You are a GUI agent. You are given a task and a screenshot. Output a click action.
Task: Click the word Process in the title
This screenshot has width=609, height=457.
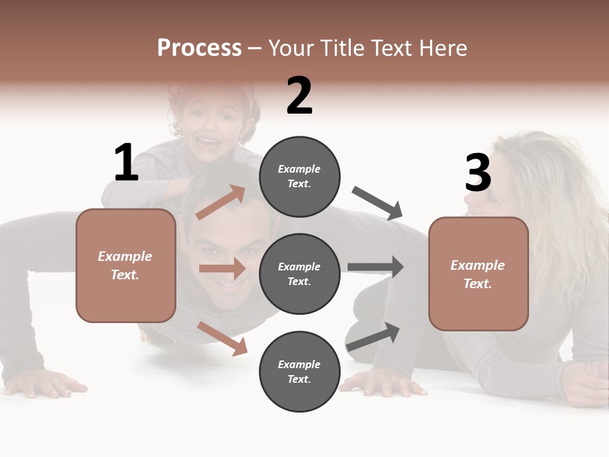coord(199,48)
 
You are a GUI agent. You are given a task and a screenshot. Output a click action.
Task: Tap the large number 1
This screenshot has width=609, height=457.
coord(126,162)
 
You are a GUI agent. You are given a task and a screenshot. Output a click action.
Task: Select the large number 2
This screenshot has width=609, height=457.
coord(299,96)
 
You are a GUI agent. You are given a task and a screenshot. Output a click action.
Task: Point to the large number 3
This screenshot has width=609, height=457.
coord(478,173)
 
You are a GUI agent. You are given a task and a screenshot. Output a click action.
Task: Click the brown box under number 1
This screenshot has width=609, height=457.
coord(126,265)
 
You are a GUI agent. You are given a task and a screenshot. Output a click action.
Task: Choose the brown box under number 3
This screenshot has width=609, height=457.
coord(478,274)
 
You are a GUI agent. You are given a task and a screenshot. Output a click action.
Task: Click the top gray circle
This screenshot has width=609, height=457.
coord(299,176)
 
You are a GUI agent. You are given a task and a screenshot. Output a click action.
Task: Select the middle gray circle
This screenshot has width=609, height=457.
coord(299,274)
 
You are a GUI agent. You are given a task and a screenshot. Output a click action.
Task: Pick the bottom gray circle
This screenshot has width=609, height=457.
coord(299,371)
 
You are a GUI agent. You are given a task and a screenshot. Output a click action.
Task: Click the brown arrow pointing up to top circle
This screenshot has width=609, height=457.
coord(221,202)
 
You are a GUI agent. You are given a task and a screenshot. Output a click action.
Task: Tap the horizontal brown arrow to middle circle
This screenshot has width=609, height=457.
coord(222,268)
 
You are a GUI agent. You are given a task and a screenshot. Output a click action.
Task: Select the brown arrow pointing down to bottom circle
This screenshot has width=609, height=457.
coord(222,338)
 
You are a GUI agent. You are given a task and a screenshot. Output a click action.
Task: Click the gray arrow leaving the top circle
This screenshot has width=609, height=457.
coord(377,203)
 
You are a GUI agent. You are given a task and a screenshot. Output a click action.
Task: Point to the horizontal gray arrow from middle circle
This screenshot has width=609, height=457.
coord(376,267)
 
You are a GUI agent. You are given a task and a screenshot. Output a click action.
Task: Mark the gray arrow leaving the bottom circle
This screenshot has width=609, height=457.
coord(374,336)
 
